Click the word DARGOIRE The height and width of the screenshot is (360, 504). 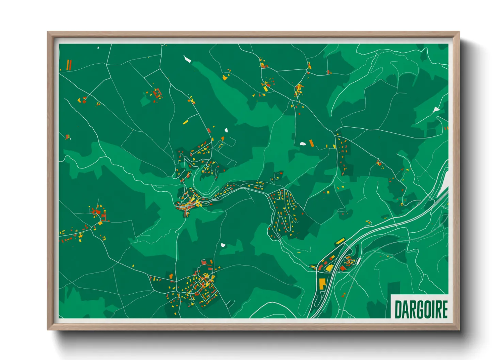pyautogui.click(x=421, y=309)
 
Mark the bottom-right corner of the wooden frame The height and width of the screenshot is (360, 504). pyautogui.click(x=459, y=329)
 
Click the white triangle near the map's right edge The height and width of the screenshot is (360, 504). pyautogui.click(x=436, y=110)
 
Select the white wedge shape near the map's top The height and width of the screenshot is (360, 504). pyautogui.click(x=187, y=59)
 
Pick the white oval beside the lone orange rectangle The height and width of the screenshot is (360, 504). pyautogui.click(x=303, y=144)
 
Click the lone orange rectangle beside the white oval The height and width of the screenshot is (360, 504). pyautogui.click(x=311, y=143)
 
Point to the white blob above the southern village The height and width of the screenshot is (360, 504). pyautogui.click(x=223, y=245)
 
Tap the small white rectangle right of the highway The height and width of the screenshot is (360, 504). pyautogui.click(x=359, y=261)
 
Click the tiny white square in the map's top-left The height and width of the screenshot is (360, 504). pyautogui.click(x=98, y=48)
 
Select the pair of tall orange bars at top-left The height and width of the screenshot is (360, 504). pyautogui.click(x=69, y=65)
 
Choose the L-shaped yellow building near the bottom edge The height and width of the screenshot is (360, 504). pyautogui.click(x=322, y=283)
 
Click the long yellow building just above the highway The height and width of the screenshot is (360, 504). pyautogui.click(x=340, y=241)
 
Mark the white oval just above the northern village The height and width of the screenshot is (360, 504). pyautogui.click(x=226, y=130)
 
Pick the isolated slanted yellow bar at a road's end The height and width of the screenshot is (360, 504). pyautogui.click(x=185, y=122)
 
